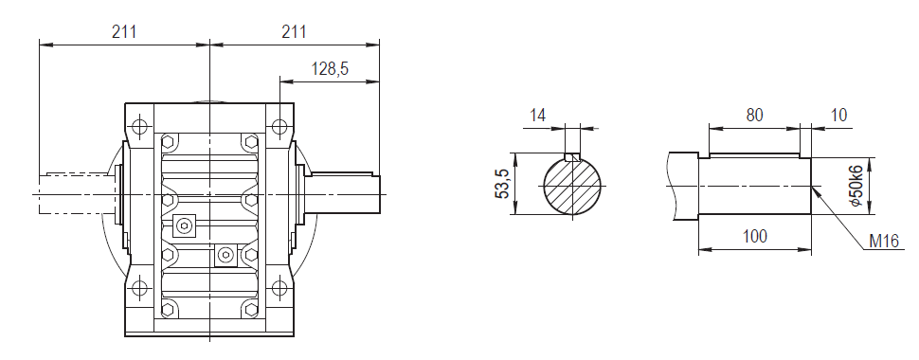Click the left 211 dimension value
click(x=124, y=31)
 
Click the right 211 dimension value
click(x=294, y=31)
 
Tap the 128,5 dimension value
click(x=330, y=69)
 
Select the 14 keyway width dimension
click(x=537, y=115)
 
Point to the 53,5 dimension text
click(x=503, y=183)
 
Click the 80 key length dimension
click(x=754, y=116)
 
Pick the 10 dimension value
click(x=839, y=116)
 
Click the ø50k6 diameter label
click(x=856, y=186)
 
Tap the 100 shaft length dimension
click(x=754, y=236)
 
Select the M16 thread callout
click(x=884, y=242)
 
